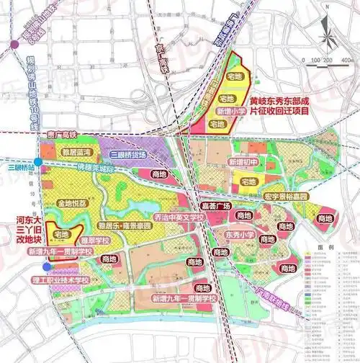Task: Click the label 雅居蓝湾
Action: click(80, 152)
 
